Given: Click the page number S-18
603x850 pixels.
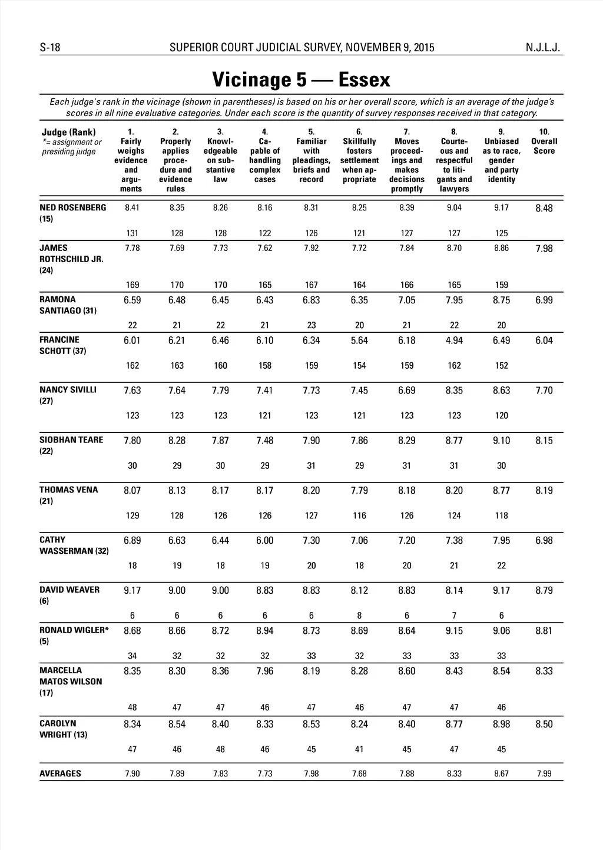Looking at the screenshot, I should click(x=50, y=48).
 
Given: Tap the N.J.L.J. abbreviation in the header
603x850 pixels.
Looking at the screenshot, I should click(x=542, y=48).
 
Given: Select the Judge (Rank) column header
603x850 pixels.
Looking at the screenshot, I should click(x=68, y=132).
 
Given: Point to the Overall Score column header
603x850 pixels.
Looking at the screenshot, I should click(x=544, y=146).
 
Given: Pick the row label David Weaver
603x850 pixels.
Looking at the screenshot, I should click(x=69, y=590).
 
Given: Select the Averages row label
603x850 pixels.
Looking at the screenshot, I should click(x=60, y=773).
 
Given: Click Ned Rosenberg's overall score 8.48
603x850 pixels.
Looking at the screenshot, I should click(x=544, y=208).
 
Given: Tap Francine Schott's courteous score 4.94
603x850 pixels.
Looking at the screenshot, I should click(x=454, y=340).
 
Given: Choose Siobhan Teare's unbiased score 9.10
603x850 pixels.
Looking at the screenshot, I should click(x=501, y=441).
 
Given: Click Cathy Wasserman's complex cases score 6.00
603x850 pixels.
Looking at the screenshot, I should click(x=265, y=541).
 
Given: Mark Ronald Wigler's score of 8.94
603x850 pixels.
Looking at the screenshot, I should click(x=265, y=631).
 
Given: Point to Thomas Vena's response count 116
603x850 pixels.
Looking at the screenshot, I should click(x=359, y=515).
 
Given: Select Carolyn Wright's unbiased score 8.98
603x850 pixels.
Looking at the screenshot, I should click(x=501, y=725).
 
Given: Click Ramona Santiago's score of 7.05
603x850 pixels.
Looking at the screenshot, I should click(x=406, y=300).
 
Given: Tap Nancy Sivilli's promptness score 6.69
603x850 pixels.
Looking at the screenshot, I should click(x=406, y=391).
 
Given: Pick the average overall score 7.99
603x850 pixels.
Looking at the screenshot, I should click(x=544, y=773).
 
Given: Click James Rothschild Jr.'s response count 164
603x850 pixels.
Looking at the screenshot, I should click(x=359, y=285).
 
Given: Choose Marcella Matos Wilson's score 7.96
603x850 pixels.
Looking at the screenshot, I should click(x=265, y=671).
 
